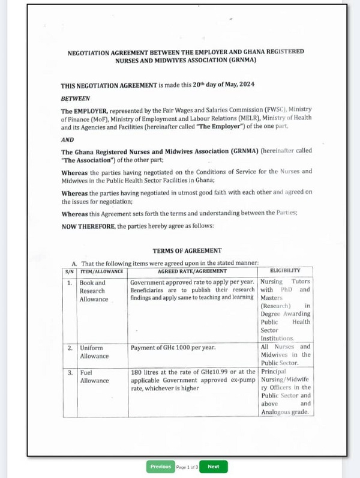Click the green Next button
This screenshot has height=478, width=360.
(x=213, y=467)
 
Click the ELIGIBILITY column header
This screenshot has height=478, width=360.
(x=285, y=271)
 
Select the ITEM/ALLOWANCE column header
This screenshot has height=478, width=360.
(x=102, y=271)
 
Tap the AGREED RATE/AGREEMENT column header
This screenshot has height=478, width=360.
(x=193, y=271)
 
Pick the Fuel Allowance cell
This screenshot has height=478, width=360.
(x=95, y=377)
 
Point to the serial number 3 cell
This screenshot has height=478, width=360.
(x=70, y=373)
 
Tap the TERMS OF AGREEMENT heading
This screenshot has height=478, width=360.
(x=179, y=251)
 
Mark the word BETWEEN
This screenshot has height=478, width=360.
(x=75, y=98)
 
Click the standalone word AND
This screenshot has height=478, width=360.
(x=67, y=140)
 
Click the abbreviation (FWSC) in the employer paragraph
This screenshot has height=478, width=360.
(x=265, y=110)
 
